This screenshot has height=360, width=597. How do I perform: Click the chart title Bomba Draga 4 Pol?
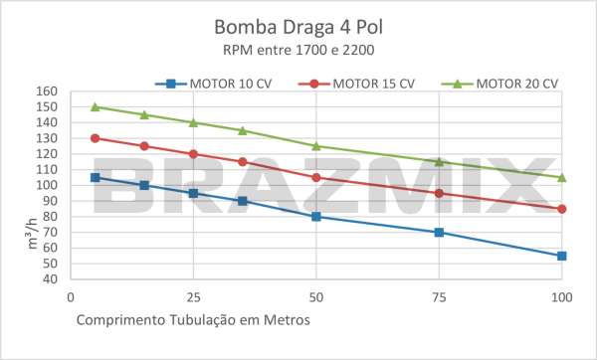[x=298, y=26]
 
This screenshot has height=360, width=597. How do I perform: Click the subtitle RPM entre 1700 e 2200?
[x=298, y=48]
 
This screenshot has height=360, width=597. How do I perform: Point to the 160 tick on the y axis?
[x=48, y=91]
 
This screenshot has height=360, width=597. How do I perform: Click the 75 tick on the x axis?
[x=439, y=296]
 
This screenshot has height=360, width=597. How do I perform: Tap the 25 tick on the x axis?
[x=193, y=296]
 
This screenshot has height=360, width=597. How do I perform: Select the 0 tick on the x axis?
[x=70, y=296]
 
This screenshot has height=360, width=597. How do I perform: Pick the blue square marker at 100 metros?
[x=562, y=256]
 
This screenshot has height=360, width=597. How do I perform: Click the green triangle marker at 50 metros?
[x=316, y=146]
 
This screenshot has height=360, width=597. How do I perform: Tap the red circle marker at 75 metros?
[x=439, y=193]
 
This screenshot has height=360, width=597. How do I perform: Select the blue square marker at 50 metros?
[x=316, y=217]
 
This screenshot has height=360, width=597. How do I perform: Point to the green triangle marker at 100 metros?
[x=562, y=177]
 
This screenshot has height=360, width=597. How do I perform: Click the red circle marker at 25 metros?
[x=193, y=154]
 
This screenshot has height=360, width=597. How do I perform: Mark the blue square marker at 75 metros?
[x=439, y=232]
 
